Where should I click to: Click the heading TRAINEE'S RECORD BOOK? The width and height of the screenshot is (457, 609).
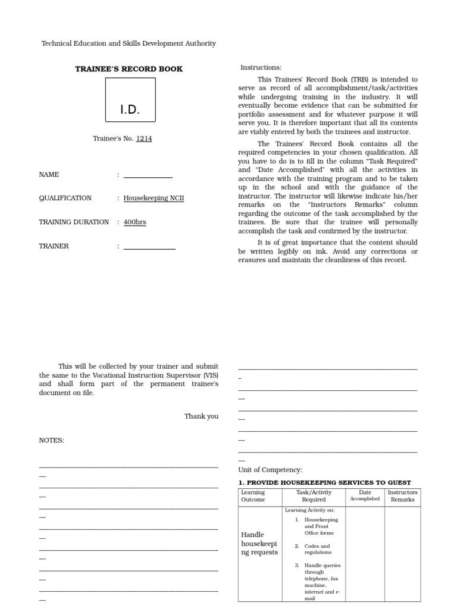click(x=129, y=69)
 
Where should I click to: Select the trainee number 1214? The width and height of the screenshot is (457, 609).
click(x=143, y=139)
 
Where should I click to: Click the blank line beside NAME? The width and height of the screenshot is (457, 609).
click(x=148, y=175)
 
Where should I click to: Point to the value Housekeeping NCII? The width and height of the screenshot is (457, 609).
click(x=154, y=198)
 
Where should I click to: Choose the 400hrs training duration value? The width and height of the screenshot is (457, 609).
click(x=134, y=222)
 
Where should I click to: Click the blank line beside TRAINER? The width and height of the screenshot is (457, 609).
click(x=149, y=246)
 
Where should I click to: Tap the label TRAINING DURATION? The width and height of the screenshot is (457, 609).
click(x=74, y=222)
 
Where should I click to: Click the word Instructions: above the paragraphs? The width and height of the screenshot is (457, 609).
click(x=261, y=68)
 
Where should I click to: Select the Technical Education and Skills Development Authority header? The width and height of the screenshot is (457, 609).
click(x=129, y=43)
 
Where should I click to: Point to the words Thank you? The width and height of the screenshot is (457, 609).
click(x=201, y=416)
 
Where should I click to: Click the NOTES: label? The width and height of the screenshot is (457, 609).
click(x=52, y=440)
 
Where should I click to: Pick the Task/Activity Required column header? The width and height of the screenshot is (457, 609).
click(x=314, y=496)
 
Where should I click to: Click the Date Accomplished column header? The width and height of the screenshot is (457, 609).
click(x=365, y=495)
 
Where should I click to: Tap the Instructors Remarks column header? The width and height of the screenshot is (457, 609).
click(x=403, y=496)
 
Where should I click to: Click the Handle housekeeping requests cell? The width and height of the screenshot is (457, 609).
click(x=259, y=544)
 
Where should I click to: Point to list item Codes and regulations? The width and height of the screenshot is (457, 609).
click(x=318, y=549)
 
